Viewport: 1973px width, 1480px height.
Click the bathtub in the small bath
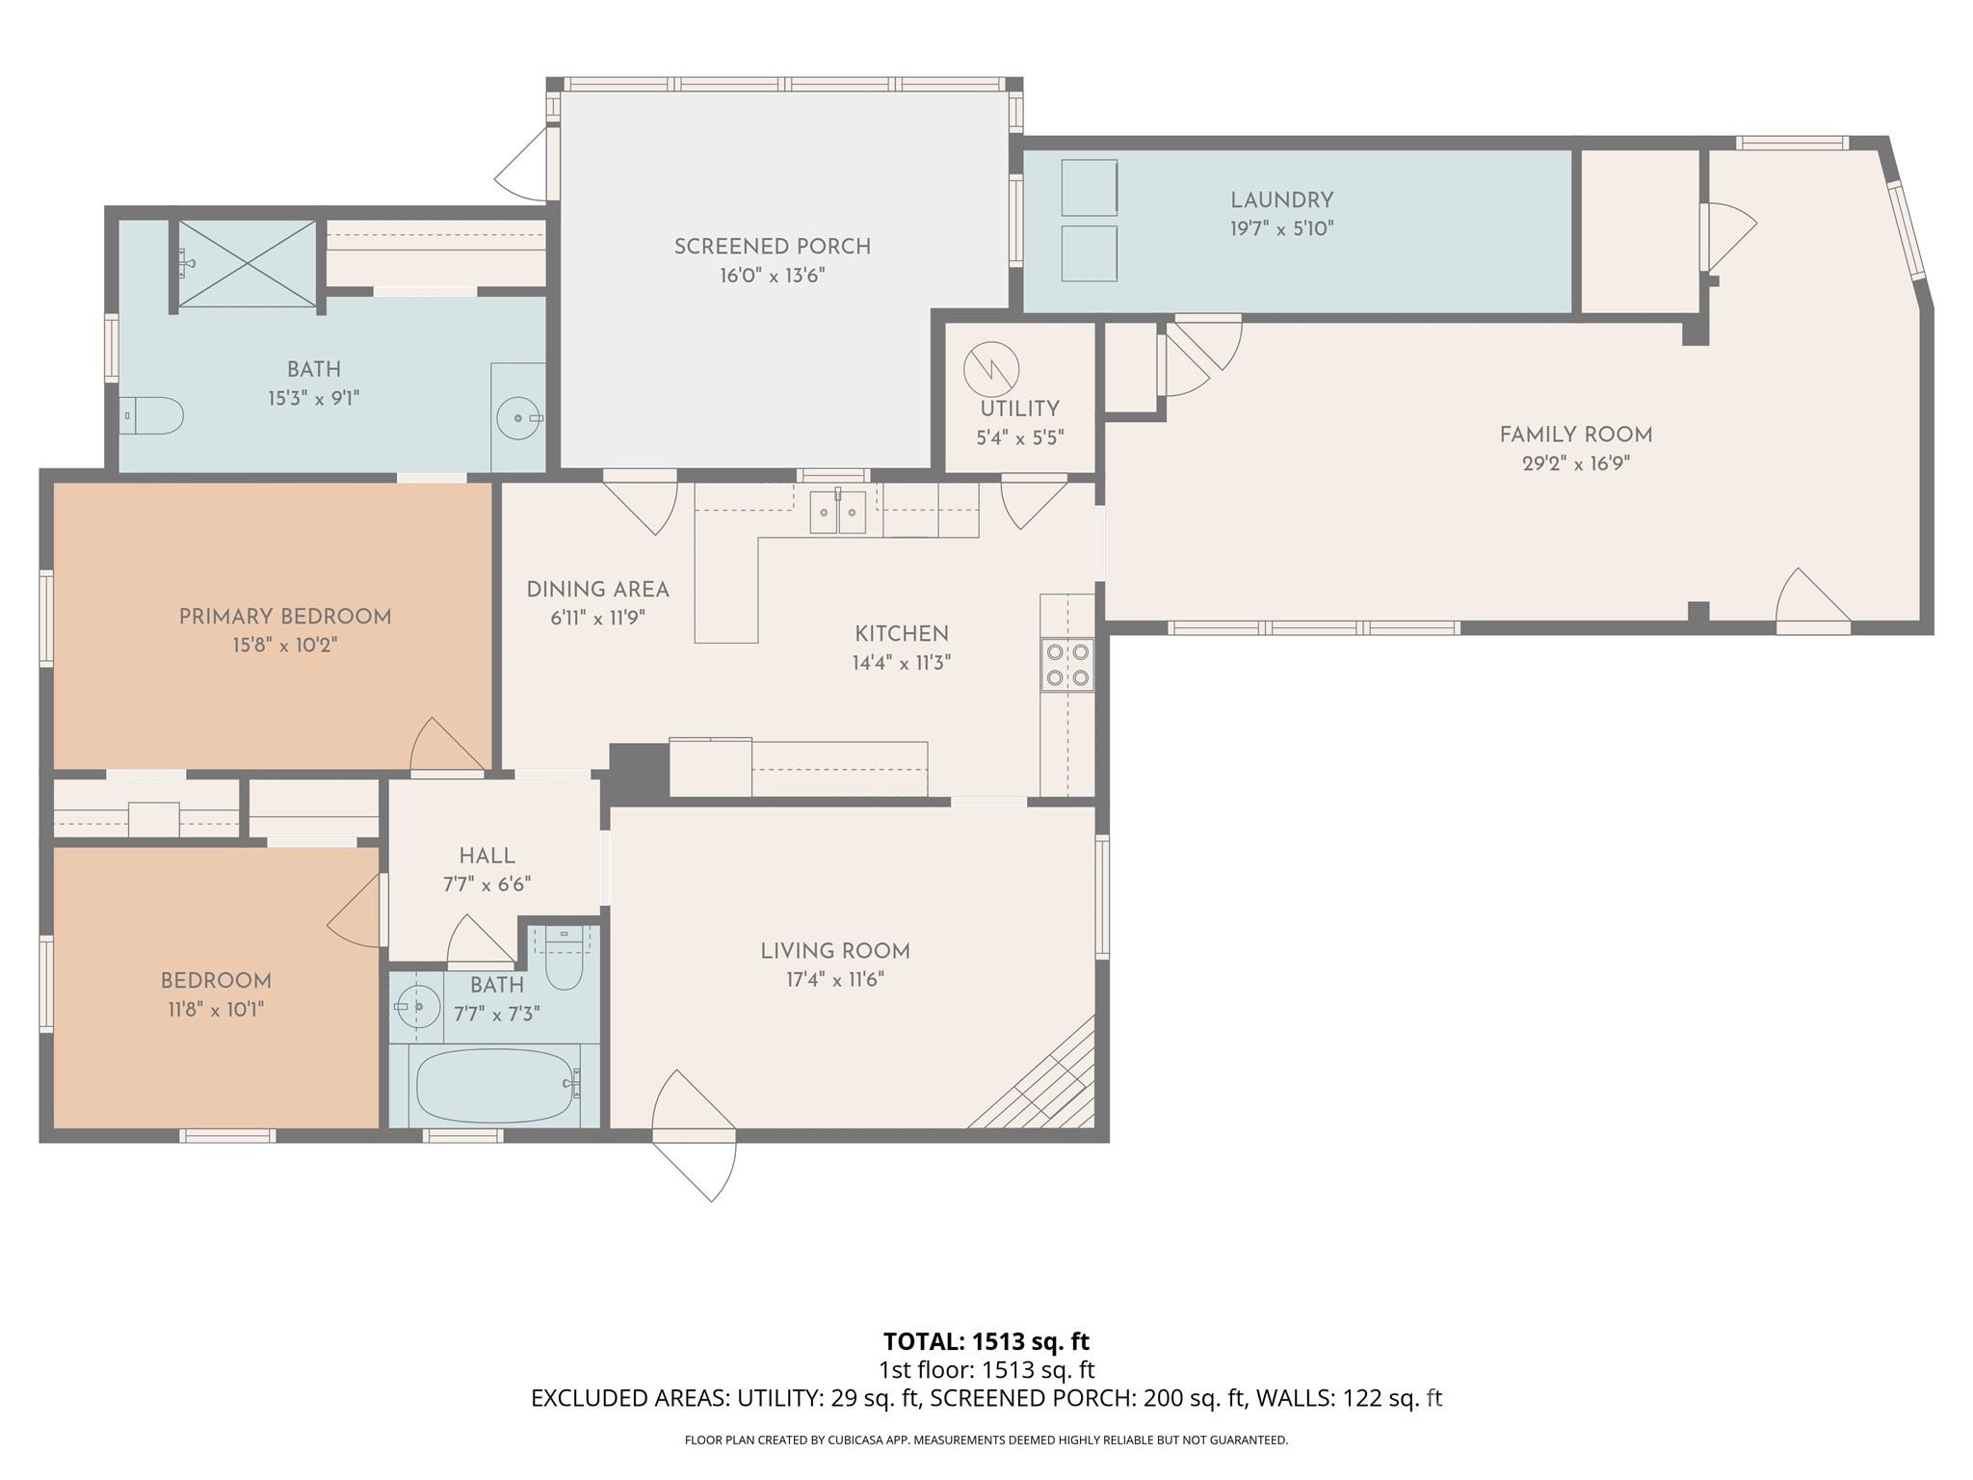[495, 1086]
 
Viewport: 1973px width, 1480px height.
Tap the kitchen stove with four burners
[1067, 665]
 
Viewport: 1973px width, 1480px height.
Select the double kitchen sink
[837, 512]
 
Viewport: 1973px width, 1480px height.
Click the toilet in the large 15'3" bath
[154, 415]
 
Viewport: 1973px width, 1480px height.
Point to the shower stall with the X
[248, 263]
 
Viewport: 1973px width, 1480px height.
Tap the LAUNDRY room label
[1281, 200]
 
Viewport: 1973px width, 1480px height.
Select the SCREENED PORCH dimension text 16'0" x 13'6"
[772, 276]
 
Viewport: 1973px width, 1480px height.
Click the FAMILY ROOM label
[1575, 435]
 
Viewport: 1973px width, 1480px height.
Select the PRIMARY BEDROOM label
[285, 617]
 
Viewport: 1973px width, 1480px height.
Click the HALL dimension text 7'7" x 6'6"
[487, 884]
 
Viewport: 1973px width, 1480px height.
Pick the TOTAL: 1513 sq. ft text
[986, 1341]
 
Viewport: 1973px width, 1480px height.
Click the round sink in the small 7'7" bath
[417, 1007]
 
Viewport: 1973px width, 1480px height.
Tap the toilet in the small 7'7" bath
[564, 963]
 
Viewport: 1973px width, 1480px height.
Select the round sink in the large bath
[519, 418]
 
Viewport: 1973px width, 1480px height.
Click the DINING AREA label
[597, 590]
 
